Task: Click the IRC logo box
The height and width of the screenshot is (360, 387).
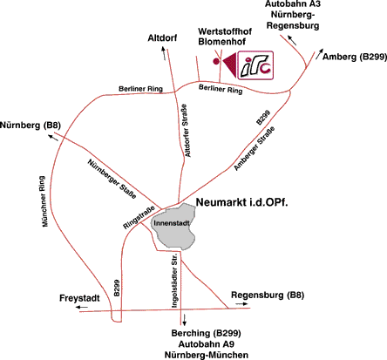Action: pos(255,65)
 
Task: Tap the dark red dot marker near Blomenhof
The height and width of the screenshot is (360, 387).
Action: pos(216,61)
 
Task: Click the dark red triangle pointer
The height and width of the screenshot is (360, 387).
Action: pos(230,65)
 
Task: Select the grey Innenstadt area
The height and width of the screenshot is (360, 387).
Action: pos(173,227)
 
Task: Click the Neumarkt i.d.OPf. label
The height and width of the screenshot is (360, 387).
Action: pos(242,202)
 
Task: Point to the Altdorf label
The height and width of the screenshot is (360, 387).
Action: pos(162,38)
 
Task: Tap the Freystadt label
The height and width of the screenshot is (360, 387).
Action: pos(79,298)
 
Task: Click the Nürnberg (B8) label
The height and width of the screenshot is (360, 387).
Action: pos(31,126)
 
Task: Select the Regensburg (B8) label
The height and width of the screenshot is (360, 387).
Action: pos(268,295)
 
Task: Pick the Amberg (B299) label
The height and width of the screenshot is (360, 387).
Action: pos(355,57)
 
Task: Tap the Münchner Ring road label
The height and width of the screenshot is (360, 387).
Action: pos(44,201)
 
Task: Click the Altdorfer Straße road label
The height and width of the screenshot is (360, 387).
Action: pos(187,131)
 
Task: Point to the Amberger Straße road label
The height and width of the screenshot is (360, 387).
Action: pos(255,148)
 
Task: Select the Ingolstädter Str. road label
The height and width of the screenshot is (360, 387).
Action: pos(173,280)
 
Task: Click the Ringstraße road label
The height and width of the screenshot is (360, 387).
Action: pos(139,218)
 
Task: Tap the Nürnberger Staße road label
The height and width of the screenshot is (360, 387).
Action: pos(112,179)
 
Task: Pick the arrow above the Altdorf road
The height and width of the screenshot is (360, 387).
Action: pos(164,53)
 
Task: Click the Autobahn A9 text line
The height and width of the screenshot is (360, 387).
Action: pos(207,344)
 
